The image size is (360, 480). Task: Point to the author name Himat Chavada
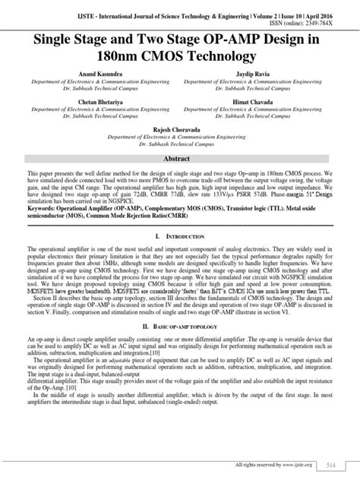pyautogui.click(x=255, y=101)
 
